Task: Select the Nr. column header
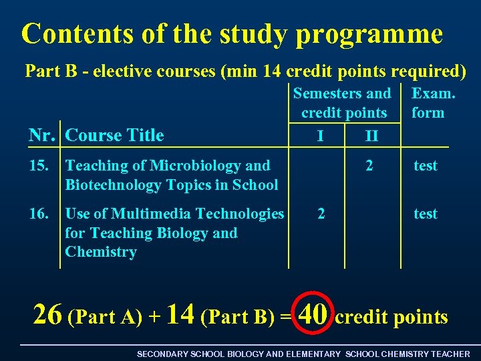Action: pos(43,135)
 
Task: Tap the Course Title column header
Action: pos(114,135)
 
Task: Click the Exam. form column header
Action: pos(433,103)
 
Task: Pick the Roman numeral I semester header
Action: pos(321,136)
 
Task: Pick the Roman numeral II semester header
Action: pos(371,136)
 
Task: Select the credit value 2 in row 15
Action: pos(369,165)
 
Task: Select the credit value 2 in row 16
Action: pos(322,213)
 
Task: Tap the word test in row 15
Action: pos(426,165)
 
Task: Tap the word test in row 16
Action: pos(426,213)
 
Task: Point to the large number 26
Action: pos(47,313)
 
